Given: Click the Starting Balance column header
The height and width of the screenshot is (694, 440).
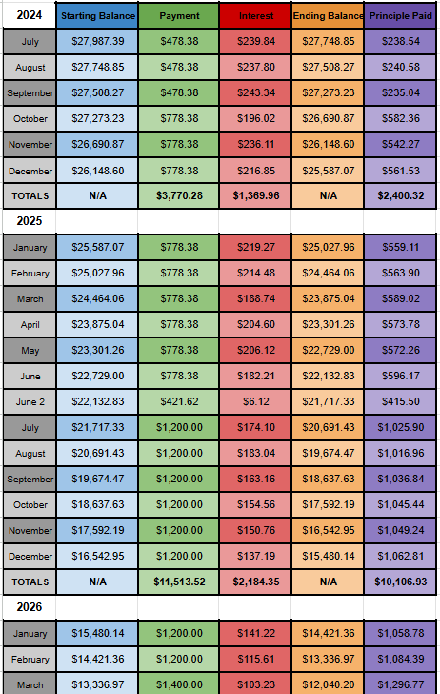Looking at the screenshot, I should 97,16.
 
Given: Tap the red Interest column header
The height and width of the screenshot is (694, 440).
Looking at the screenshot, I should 252,16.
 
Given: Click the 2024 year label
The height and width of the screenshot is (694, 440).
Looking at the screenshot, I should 29,15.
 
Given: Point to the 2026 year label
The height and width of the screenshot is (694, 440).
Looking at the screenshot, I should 29,605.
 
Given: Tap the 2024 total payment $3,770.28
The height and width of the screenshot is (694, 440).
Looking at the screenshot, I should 179,196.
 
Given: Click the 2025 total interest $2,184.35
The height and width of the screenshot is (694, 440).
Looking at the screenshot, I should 252,580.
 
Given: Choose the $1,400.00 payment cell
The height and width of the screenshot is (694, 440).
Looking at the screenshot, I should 179,683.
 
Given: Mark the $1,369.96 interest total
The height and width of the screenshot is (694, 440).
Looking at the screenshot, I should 252,196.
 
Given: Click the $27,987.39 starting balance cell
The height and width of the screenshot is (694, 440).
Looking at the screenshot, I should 97,42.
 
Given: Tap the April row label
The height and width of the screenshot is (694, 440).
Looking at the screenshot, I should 29,324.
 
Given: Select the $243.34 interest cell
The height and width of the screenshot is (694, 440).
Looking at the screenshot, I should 252,93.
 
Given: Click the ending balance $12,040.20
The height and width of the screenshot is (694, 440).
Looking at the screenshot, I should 326,683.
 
